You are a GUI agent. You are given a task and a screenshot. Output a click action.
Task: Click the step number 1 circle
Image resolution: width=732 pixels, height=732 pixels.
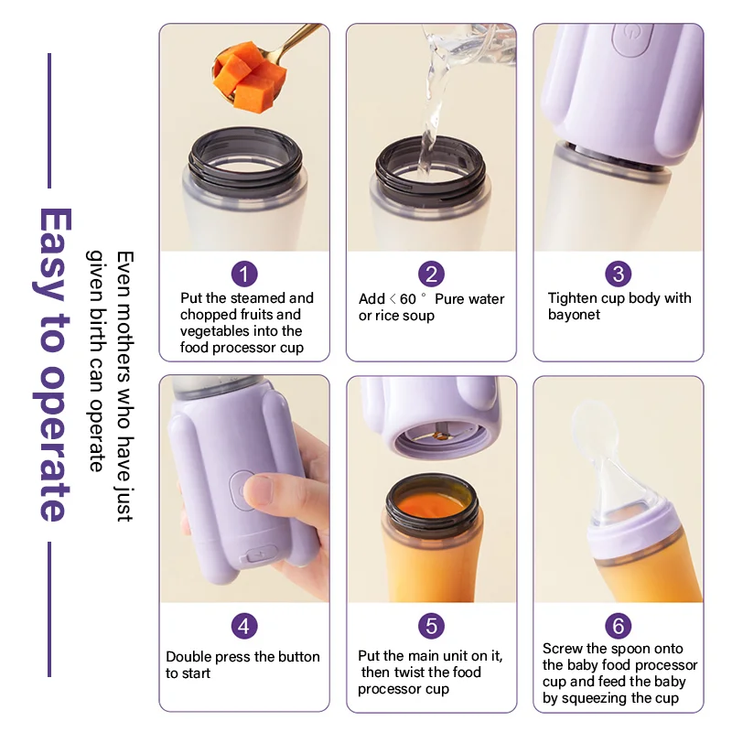pos(244,274)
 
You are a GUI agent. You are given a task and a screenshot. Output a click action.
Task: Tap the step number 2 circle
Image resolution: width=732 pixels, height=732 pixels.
pos(431,274)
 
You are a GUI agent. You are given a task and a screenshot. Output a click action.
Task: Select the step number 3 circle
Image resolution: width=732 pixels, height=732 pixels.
pos(619,274)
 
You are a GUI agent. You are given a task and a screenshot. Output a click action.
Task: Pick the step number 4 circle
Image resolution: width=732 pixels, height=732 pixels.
pos(244,626)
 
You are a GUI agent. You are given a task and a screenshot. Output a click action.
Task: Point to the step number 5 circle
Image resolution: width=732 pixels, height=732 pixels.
pos(431,626)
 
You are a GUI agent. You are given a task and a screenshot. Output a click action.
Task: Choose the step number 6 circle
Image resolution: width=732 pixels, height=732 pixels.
pos(619,626)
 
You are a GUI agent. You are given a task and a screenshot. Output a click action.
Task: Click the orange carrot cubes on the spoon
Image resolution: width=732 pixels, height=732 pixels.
pos(250,76)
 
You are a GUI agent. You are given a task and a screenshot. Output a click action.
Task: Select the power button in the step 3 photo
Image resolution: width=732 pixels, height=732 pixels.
pos(632,40)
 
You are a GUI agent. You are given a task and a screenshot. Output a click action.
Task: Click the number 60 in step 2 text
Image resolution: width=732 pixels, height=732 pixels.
pos(407,299)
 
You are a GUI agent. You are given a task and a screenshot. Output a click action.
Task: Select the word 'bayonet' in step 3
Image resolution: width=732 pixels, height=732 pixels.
pos(575,315)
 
